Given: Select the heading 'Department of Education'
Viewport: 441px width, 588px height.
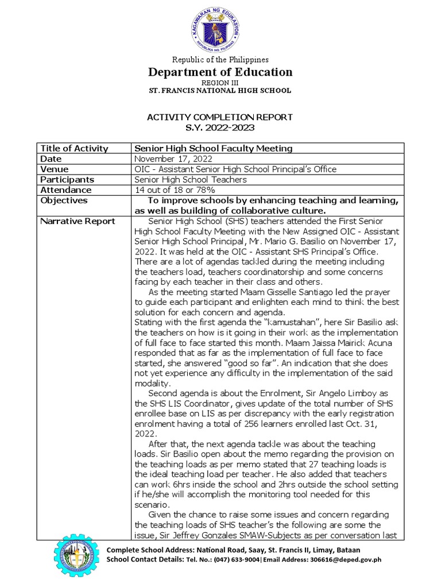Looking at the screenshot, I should pyautogui.click(x=220, y=72).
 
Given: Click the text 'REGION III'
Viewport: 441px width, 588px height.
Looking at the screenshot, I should pyautogui.click(x=220, y=83).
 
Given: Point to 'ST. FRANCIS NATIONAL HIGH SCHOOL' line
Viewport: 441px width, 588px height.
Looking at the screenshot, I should pyautogui.click(x=220, y=91).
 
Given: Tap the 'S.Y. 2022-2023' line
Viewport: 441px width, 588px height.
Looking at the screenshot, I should pyautogui.click(x=220, y=127).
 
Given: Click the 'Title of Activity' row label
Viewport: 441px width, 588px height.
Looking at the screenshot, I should pyautogui.click(x=74, y=148).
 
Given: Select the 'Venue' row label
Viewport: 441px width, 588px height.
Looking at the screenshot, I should pyautogui.click(x=55, y=169).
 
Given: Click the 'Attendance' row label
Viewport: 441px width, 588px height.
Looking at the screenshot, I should pyautogui.click(x=66, y=190).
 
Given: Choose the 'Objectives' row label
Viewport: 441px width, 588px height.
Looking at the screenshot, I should pyautogui.click(x=64, y=200).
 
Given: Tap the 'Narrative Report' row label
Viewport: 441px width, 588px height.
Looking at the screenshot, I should pyautogui.click(x=78, y=221).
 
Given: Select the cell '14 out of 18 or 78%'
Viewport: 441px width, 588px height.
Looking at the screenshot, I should pyautogui.click(x=175, y=190).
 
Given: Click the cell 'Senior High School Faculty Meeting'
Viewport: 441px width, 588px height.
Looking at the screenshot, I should pyautogui.click(x=213, y=148).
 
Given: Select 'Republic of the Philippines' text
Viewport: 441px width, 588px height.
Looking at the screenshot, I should pyautogui.click(x=220, y=60).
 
